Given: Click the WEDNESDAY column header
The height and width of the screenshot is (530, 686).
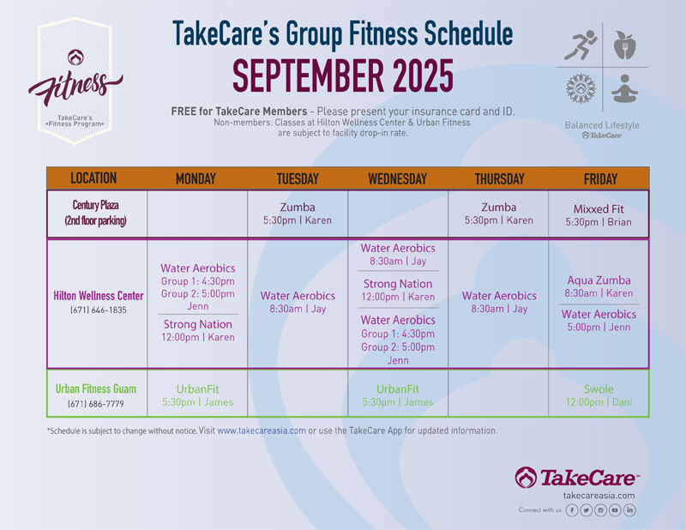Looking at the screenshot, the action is click(397, 178).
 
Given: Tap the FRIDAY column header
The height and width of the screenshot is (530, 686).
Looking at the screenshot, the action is click(600, 178).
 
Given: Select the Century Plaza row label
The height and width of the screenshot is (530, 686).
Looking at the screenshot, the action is click(95, 213).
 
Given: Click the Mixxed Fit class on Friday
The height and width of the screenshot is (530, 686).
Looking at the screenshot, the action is click(599, 215).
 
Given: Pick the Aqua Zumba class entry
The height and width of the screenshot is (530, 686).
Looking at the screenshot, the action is click(599, 286).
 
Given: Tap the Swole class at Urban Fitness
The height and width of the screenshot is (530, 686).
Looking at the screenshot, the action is click(599, 395).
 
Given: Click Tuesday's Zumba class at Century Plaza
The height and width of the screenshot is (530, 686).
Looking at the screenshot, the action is click(298, 214).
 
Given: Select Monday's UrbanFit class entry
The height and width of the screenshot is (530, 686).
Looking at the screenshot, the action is click(198, 395).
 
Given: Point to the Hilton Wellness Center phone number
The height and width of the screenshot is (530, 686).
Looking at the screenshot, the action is click(99, 310).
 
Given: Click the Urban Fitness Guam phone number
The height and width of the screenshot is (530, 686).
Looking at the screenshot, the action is click(96, 404).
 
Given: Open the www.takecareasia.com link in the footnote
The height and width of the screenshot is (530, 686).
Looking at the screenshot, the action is click(262, 431).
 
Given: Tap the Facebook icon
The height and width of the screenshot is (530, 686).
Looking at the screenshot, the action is click(572, 510).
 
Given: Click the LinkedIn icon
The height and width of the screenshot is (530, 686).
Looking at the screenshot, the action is click(629, 510).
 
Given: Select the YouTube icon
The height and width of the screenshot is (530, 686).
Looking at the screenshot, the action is click(615, 510).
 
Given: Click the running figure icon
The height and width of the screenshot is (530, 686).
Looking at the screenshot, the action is click(581, 45).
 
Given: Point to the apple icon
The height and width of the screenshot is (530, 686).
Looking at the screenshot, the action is click(624, 45).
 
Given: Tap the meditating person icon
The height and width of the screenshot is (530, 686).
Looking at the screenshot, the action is click(624, 89).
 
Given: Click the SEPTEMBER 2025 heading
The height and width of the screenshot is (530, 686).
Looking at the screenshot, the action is click(342, 75).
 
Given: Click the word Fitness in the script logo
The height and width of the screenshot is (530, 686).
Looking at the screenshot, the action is click(75, 87).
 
